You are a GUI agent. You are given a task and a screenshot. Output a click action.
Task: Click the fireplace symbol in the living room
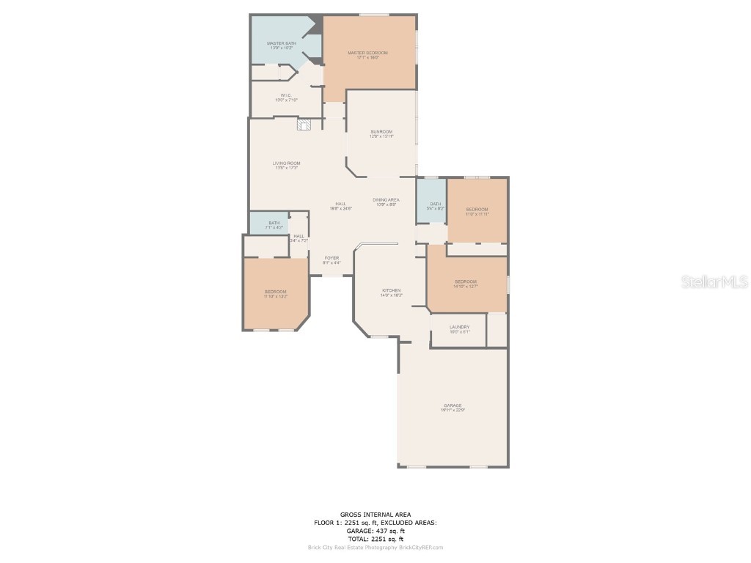pyautogui.click(x=304, y=125)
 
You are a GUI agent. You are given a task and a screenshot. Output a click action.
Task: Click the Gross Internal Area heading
pyautogui.click(x=375, y=514)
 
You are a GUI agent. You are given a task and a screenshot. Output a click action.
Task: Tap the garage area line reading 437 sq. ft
pyautogui.click(x=375, y=530)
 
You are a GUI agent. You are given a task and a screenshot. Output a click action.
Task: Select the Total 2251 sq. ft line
pyautogui.click(x=375, y=539)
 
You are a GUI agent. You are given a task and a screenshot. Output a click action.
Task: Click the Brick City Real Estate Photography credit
pyautogui.click(x=375, y=547)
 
